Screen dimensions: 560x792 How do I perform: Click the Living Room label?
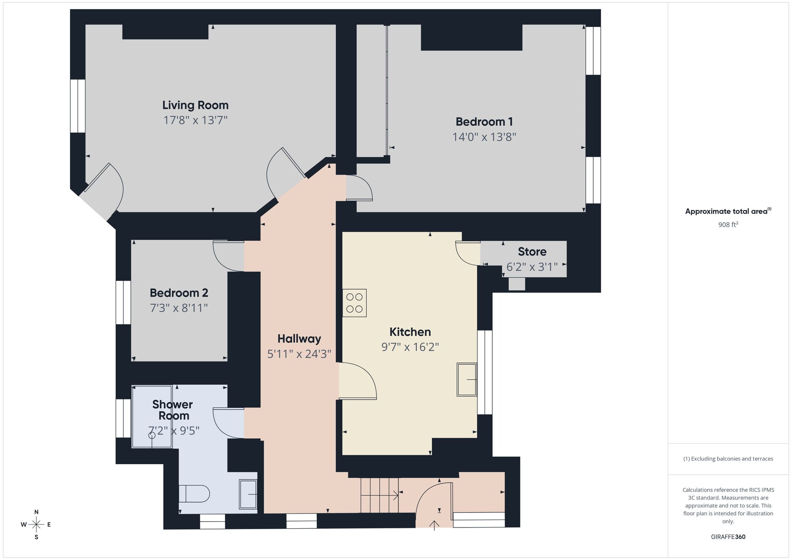[195, 105]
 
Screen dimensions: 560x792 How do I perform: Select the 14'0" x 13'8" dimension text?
[484, 137]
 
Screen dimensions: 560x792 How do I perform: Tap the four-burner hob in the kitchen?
[354, 303]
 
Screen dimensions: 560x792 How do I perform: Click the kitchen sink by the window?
[466, 379]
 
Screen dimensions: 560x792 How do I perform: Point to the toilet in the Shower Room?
[194, 494]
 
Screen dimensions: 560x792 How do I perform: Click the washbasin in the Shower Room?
[248, 494]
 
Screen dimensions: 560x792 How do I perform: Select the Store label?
[532, 252]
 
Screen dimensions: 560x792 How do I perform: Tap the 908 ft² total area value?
[728, 225]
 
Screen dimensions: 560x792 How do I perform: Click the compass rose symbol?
[36, 525]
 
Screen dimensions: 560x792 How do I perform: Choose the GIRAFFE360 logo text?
[728, 537]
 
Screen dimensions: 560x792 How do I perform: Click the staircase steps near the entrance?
[379, 495]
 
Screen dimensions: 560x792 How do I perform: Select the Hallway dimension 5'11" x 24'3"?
[299, 354]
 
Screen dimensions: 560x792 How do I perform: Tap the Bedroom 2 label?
[179, 293]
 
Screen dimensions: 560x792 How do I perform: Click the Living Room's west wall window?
[78, 106]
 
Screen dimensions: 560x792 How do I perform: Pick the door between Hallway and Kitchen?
[357, 381]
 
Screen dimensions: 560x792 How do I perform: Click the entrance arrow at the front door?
[434, 525]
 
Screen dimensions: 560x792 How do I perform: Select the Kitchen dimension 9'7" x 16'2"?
[410, 347]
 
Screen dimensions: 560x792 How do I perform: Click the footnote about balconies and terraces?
[728, 459]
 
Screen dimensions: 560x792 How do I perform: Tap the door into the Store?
[468, 253]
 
